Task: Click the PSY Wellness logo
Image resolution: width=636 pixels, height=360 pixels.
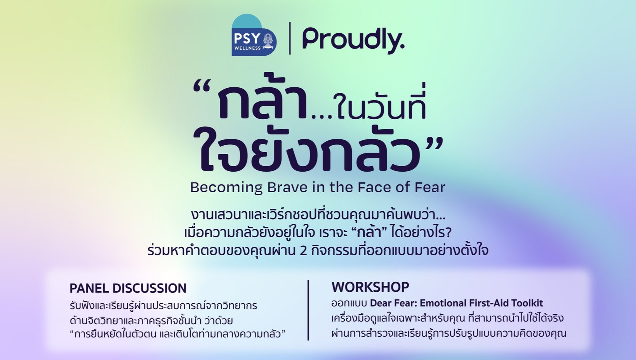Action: pyautogui.click(x=254, y=35)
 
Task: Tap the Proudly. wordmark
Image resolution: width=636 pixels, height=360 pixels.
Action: pyautogui.click(x=353, y=41)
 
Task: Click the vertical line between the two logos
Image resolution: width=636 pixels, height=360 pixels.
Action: pyautogui.click(x=290, y=38)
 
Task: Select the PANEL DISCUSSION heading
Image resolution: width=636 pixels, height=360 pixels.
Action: pyautogui.click(x=128, y=288)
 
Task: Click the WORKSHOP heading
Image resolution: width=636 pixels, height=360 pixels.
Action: pyautogui.click(x=370, y=287)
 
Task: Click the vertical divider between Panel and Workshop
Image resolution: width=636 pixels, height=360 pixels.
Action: pyautogui.click(x=308, y=310)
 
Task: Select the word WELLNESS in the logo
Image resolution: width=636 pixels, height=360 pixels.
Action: pyautogui.click(x=248, y=48)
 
